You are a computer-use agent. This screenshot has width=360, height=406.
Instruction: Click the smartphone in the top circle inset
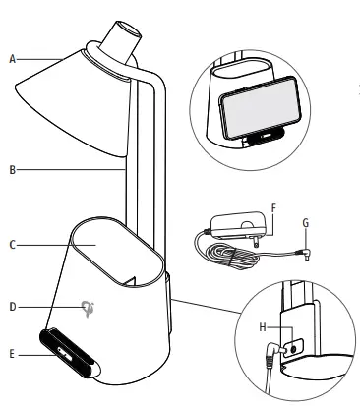251,110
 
